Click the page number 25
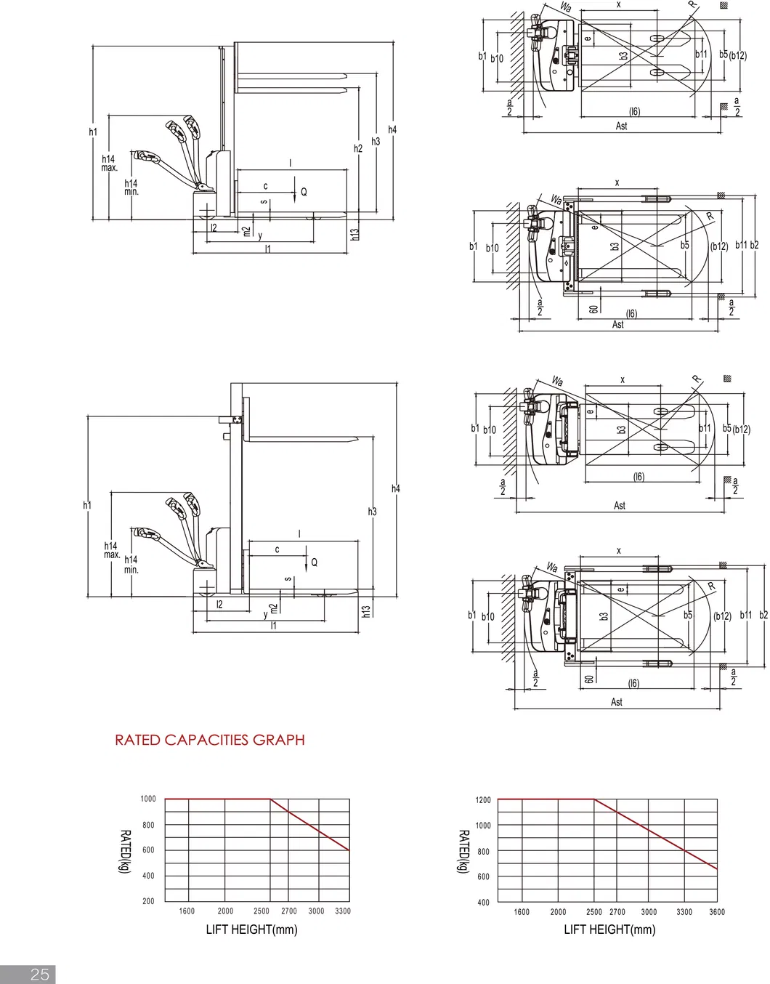coord(39,974)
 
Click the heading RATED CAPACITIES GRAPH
coord(209,740)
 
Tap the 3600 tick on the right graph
coord(716,912)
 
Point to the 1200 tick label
coord(483,800)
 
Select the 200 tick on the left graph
coord(148,901)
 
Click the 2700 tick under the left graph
coord(289,911)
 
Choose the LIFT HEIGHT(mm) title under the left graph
coord(251,929)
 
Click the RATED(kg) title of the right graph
coord(463,852)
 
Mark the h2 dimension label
coord(357,148)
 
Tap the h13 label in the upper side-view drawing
coord(354,234)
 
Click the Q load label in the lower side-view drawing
coord(314,562)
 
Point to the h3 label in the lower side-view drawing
coord(372,512)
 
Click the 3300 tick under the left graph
coord(343,911)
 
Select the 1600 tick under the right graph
coord(522,912)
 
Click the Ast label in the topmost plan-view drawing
coord(621,126)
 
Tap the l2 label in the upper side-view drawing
coord(214,228)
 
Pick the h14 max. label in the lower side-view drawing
coord(110,550)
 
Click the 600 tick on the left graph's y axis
coord(148,850)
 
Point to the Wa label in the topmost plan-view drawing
coord(566,7)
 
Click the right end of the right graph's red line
coord(717,868)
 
